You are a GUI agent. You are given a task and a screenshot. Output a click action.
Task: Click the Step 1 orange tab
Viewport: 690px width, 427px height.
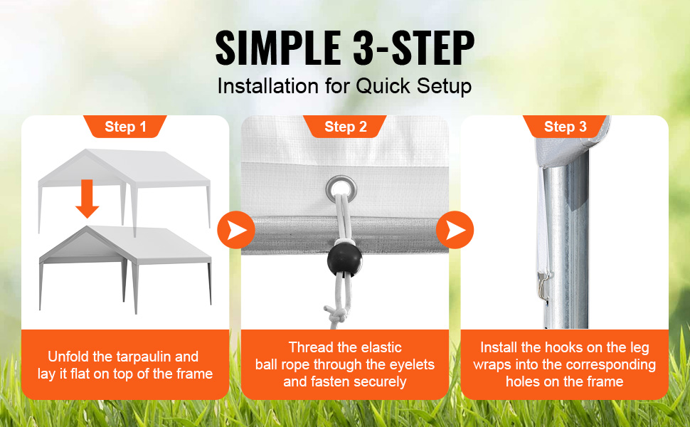125,127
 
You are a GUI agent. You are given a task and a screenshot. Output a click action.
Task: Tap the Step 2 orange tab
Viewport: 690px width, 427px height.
345,127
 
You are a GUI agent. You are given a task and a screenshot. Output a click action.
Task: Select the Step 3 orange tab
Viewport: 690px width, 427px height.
565,127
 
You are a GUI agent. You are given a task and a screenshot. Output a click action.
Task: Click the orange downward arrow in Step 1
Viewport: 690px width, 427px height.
87,199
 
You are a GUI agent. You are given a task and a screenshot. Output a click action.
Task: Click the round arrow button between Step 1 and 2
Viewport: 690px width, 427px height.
236,230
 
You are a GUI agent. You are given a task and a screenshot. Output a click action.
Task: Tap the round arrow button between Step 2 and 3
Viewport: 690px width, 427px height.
455,230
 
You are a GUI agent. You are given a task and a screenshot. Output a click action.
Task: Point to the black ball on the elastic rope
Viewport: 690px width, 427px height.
344,258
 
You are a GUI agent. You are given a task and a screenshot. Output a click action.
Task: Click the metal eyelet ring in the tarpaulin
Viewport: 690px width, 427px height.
341,189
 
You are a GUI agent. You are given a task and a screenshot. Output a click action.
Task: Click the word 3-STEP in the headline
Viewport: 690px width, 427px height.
414,48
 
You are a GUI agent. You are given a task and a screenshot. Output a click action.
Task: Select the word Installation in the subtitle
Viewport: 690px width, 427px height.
268,86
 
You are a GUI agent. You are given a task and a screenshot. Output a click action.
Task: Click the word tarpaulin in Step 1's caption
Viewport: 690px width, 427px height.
158,357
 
